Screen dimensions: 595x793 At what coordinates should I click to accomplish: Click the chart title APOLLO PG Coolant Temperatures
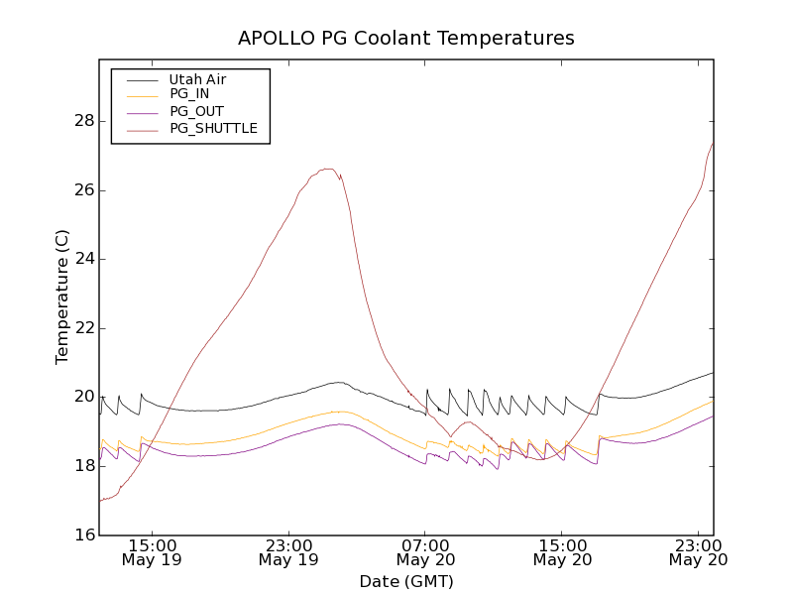(x=406, y=39)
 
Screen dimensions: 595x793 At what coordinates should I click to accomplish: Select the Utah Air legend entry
(x=196, y=79)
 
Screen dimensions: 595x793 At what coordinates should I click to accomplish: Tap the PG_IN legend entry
(x=189, y=94)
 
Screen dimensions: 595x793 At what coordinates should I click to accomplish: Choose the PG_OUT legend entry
(x=196, y=111)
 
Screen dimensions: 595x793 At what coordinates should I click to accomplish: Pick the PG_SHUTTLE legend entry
(x=213, y=128)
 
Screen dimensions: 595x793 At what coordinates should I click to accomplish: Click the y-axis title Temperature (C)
(x=62, y=297)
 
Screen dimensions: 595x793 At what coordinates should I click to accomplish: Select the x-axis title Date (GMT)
(x=406, y=581)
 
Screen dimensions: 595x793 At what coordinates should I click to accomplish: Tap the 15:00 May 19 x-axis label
(x=153, y=552)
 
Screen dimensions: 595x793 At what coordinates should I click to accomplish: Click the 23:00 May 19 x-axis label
(x=289, y=552)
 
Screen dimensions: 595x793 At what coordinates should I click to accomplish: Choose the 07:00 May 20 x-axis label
(x=426, y=552)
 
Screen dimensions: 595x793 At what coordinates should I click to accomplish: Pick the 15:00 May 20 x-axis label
(x=562, y=552)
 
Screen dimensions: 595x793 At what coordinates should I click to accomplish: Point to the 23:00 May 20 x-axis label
(x=699, y=552)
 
